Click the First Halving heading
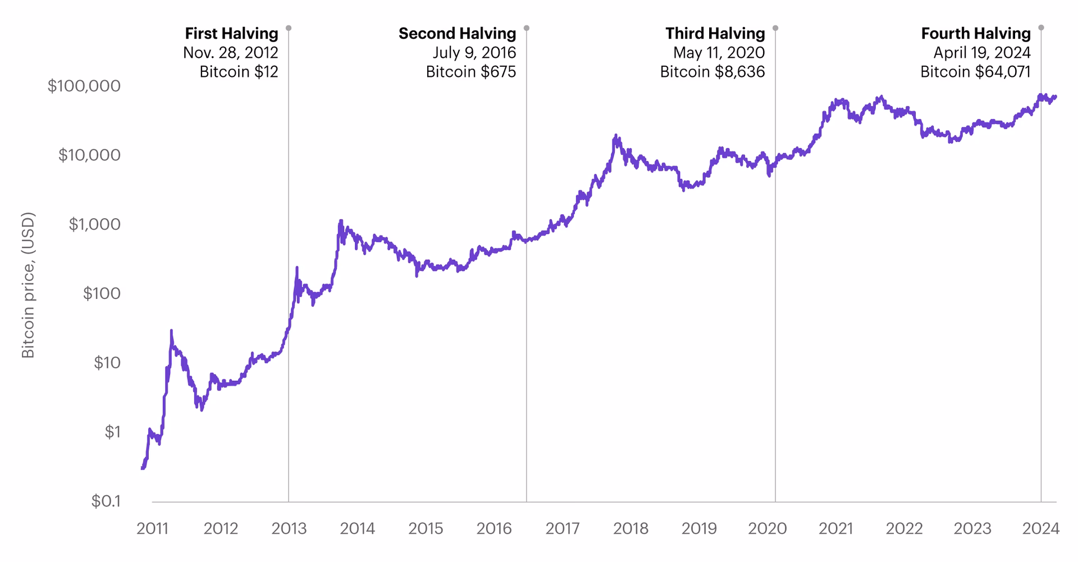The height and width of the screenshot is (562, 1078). (231, 34)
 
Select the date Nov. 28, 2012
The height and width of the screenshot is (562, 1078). (230, 53)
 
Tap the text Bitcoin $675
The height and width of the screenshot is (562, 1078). (471, 72)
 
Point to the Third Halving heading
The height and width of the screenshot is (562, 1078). (715, 34)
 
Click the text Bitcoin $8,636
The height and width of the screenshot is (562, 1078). (712, 72)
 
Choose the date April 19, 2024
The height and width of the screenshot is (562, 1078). (981, 53)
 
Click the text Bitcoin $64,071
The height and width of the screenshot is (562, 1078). (975, 72)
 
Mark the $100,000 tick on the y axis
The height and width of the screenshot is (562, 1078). (84, 86)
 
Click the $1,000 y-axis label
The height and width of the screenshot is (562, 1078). (94, 224)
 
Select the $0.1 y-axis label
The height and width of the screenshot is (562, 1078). (106, 501)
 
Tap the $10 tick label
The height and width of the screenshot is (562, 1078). (107, 363)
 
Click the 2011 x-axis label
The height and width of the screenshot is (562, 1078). (152, 528)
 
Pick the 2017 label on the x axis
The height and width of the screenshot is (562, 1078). (563, 528)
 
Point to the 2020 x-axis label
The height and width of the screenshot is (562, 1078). (768, 528)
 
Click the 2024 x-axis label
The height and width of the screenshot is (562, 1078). (1040, 528)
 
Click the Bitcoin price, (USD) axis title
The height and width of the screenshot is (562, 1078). (28, 285)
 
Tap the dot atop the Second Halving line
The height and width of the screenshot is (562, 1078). (526, 28)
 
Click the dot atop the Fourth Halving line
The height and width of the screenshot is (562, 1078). (1041, 27)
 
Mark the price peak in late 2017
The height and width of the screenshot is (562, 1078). (616, 136)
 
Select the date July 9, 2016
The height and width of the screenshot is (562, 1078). (474, 53)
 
